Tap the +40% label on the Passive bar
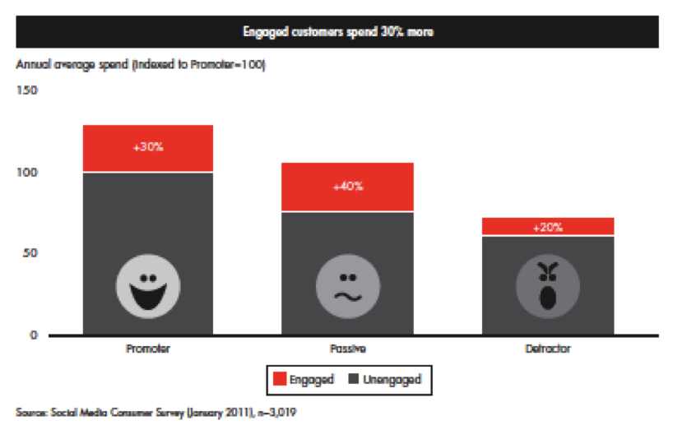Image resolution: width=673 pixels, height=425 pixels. click(x=348, y=187)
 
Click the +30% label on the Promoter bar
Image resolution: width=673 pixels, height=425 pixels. click(x=148, y=148)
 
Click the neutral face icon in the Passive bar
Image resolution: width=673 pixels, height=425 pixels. click(x=348, y=288)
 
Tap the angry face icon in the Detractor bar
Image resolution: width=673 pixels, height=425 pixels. click(x=548, y=288)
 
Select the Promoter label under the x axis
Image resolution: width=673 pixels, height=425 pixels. click(x=148, y=349)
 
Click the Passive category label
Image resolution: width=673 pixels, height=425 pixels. click(x=348, y=349)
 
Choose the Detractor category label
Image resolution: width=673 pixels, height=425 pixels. click(x=548, y=349)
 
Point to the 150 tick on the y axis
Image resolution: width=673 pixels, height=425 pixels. click(x=27, y=91)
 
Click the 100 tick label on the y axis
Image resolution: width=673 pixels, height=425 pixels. click(x=27, y=173)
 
